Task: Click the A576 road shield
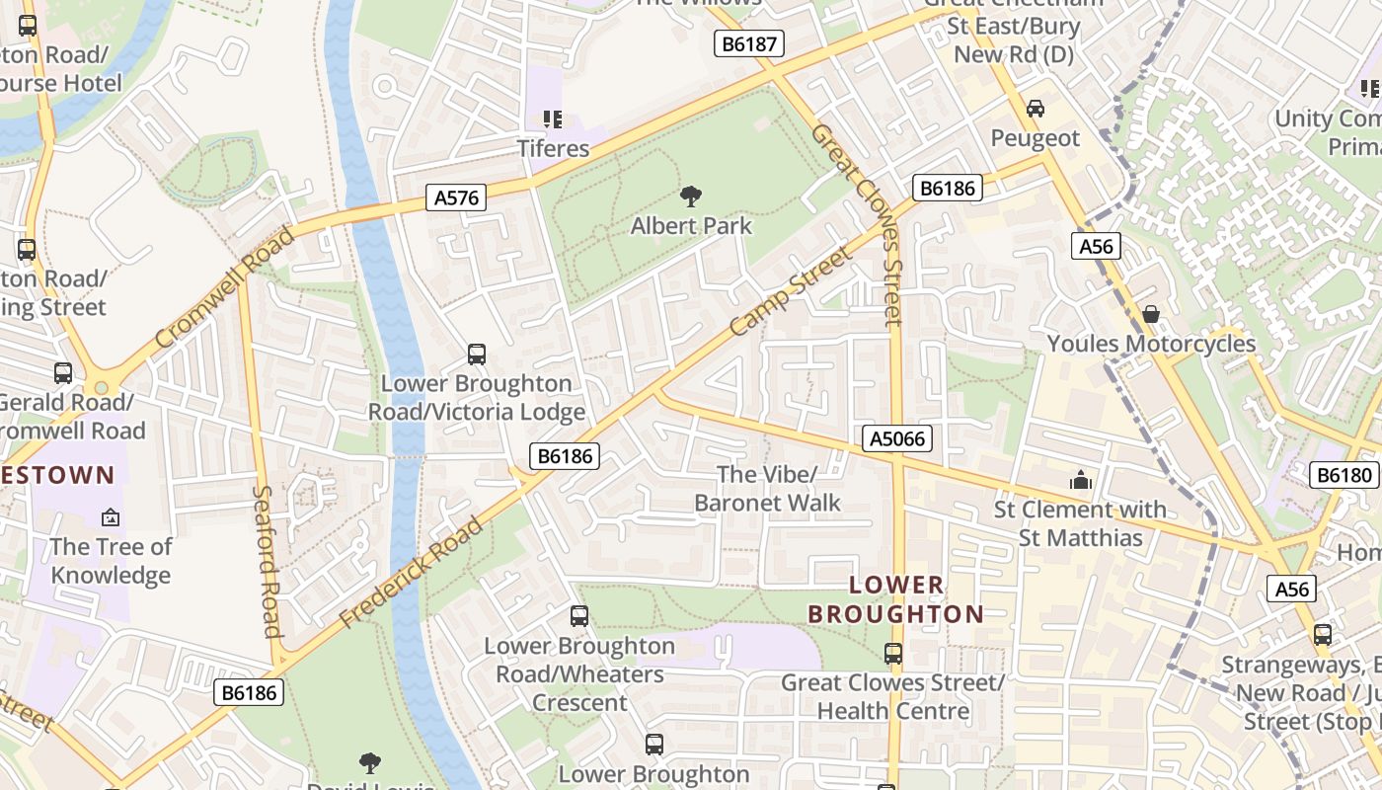pyautogui.click(x=456, y=197)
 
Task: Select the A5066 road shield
pyautogui.click(x=897, y=438)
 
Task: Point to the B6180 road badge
pyautogui.click(x=1344, y=475)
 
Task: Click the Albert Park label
pyautogui.click(x=691, y=226)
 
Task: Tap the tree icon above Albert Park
pyautogui.click(x=691, y=197)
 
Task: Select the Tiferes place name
pyautogui.click(x=553, y=149)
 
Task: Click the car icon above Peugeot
pyautogui.click(x=1035, y=109)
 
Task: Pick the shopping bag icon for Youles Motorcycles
pyautogui.click(x=1151, y=315)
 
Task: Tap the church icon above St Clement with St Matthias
pyautogui.click(x=1081, y=481)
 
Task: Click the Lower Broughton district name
pyautogui.click(x=895, y=599)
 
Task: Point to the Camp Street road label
pyautogui.click(x=790, y=292)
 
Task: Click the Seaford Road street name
pyautogui.click(x=267, y=561)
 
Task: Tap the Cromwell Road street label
pyautogui.click(x=224, y=287)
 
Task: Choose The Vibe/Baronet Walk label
pyautogui.click(x=767, y=489)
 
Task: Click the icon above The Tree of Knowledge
pyautogui.click(x=111, y=516)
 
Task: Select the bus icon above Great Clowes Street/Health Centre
pyautogui.click(x=893, y=654)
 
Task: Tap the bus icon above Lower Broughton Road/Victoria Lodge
pyautogui.click(x=477, y=354)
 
